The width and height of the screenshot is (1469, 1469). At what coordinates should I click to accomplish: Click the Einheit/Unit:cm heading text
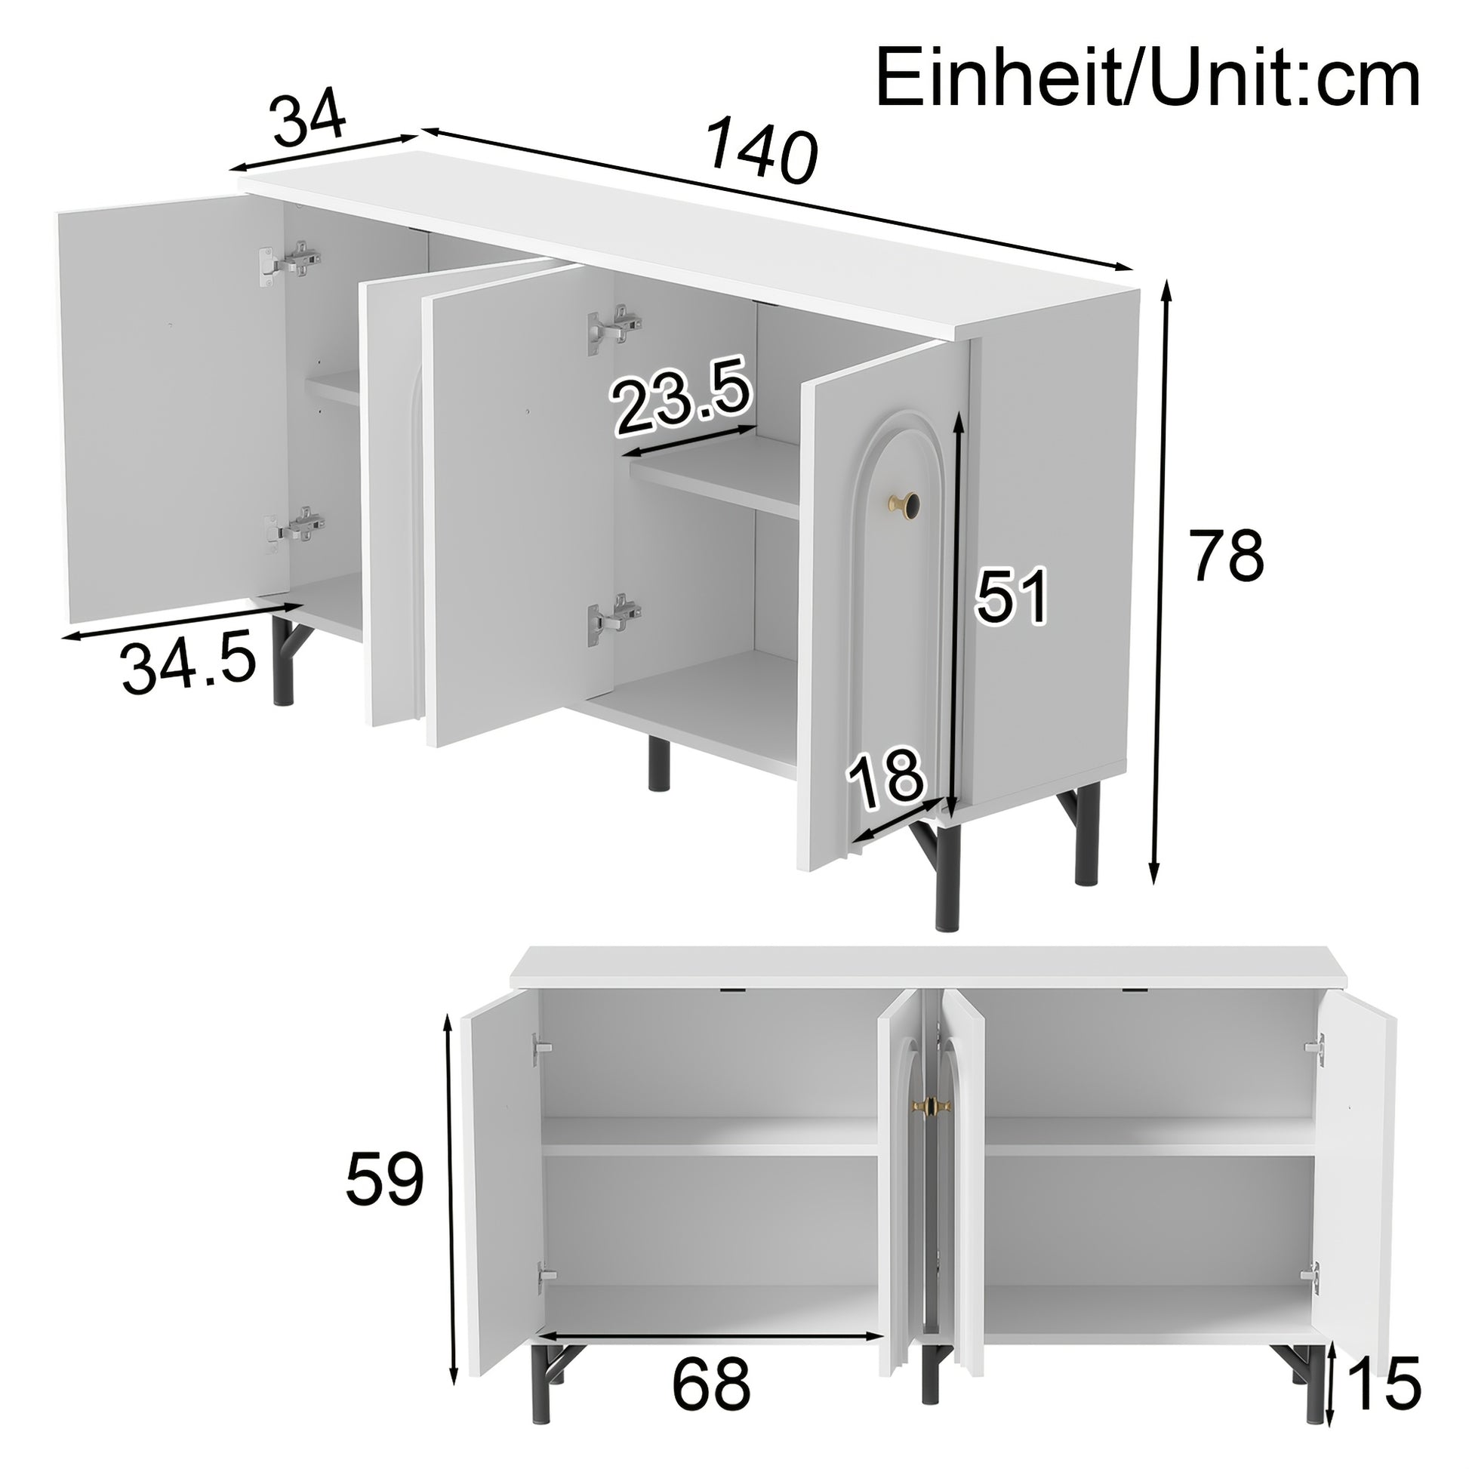[1147, 79]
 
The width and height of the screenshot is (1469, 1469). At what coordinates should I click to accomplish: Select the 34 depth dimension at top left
[310, 119]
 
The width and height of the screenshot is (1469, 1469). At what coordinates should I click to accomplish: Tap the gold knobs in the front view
[928, 1107]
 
